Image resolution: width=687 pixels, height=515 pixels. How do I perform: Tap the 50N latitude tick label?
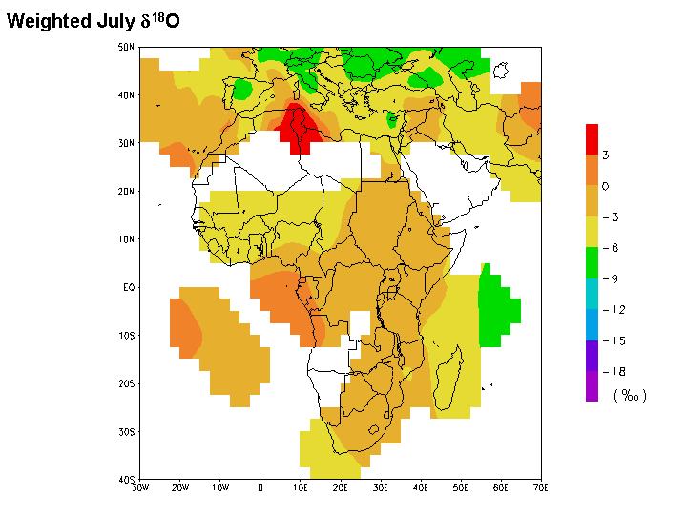(126, 47)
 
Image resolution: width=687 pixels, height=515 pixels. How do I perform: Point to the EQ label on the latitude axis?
(127, 287)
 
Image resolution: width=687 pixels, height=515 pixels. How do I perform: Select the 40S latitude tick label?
(126, 480)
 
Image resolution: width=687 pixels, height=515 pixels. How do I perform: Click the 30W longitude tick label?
(140, 488)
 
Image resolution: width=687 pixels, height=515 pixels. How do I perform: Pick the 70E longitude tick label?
(541, 488)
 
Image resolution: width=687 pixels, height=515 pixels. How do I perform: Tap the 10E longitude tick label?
(301, 488)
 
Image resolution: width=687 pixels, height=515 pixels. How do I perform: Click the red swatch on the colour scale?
(593, 139)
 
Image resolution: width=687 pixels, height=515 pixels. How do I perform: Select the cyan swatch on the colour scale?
(593, 294)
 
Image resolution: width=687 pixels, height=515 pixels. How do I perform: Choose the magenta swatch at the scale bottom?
(593, 386)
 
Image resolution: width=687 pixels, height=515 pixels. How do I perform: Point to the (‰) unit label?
(630, 395)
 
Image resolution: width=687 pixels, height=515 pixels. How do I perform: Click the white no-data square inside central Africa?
(360, 322)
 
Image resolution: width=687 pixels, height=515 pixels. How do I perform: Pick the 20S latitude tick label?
(126, 383)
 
